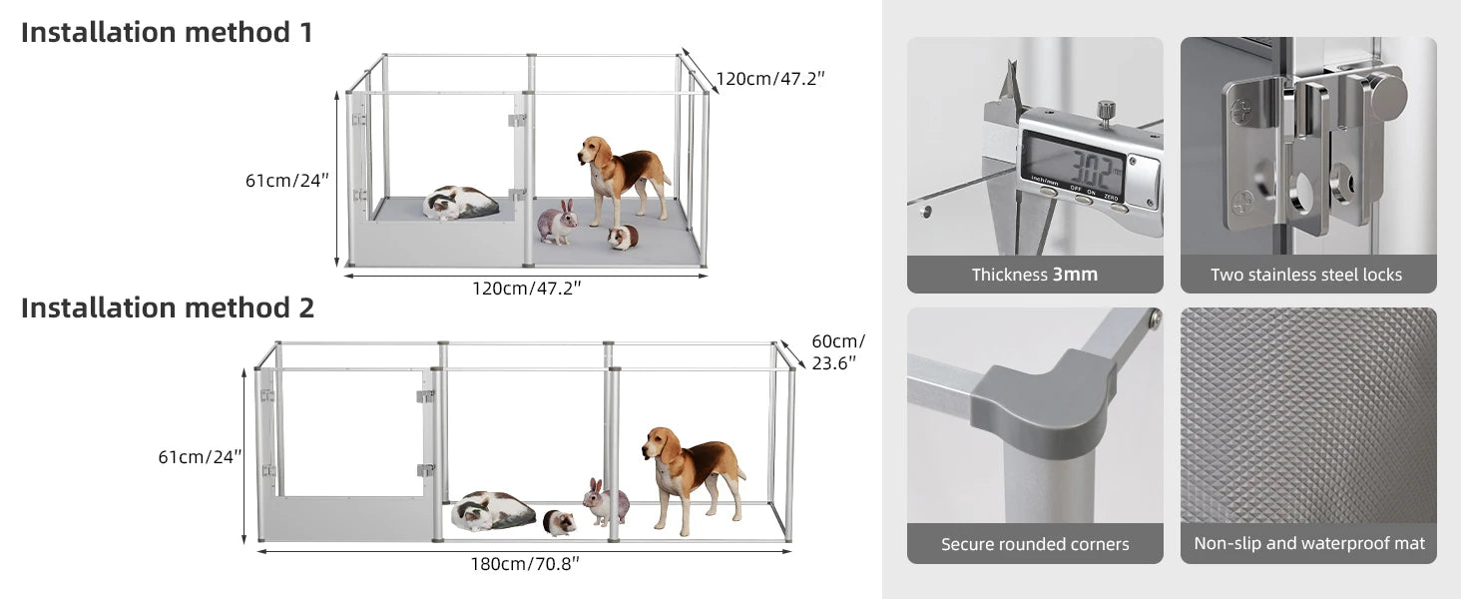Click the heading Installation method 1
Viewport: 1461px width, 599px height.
click(167, 32)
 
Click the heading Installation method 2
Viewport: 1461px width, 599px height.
click(168, 307)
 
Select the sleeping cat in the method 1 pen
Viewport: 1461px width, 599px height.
click(460, 203)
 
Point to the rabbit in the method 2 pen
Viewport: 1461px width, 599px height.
click(606, 502)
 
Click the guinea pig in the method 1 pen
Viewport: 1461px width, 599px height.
click(624, 238)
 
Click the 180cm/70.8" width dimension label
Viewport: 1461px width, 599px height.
click(525, 563)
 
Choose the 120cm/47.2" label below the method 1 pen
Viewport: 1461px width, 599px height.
click(526, 289)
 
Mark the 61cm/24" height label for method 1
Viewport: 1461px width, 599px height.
click(287, 181)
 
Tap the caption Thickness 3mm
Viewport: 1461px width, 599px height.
click(1035, 275)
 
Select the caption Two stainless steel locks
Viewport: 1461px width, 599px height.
click(1306, 275)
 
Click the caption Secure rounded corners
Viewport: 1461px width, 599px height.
click(1035, 544)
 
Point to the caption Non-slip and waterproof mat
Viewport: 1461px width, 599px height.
click(1309, 544)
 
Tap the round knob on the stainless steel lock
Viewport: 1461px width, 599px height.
click(1387, 96)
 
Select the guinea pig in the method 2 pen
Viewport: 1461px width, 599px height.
click(559, 522)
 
